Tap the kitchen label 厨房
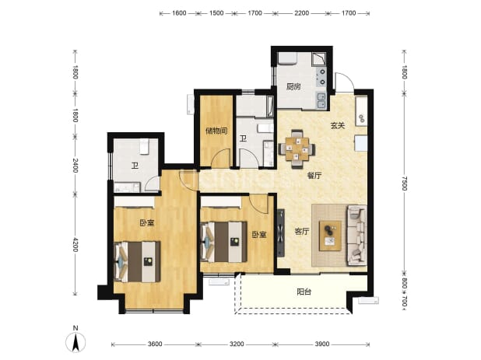[293, 87]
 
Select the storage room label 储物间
[216, 131]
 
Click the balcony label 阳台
[304, 292]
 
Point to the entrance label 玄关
[338, 126]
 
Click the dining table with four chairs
[297, 149]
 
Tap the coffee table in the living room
[330, 236]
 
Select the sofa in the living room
[356, 235]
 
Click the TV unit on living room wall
[281, 232]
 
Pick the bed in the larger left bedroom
[137, 261]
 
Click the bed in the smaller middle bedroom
[223, 242]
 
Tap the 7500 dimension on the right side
[404, 183]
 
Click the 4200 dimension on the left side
[75, 244]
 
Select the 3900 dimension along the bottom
[322, 344]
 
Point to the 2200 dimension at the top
[301, 13]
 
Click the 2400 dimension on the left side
[75, 165]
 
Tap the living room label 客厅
[302, 232]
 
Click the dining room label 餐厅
[314, 176]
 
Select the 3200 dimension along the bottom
[237, 344]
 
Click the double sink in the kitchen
[321, 100]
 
